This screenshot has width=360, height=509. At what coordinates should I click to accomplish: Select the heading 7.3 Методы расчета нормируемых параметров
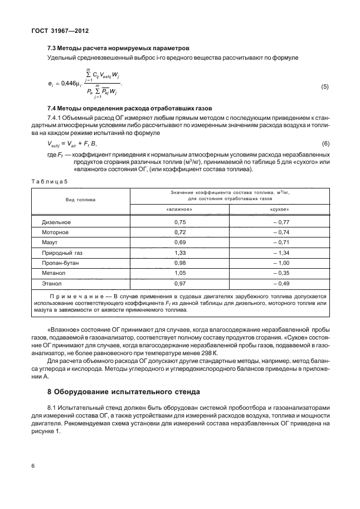[119, 49]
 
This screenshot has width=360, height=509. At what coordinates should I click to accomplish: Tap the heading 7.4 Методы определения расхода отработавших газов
[135, 107]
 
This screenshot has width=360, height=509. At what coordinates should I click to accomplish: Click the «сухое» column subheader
[279, 209]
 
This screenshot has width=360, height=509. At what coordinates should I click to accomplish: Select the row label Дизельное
[56, 222]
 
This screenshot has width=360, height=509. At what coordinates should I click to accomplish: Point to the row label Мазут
[50, 243]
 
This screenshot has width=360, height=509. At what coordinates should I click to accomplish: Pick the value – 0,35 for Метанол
[279, 273]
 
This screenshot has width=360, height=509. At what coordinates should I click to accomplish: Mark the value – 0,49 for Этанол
[279, 283]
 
